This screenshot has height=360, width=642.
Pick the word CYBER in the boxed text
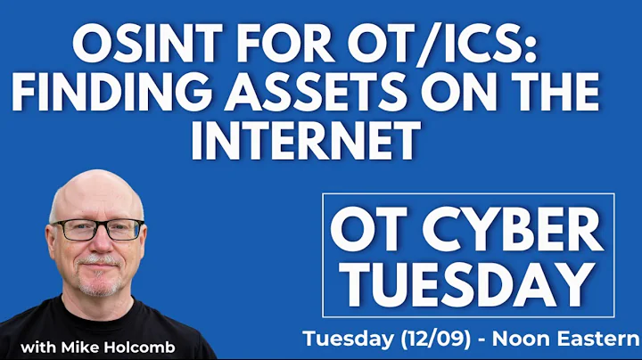(x=523, y=233)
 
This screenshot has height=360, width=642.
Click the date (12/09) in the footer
(x=432, y=340)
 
